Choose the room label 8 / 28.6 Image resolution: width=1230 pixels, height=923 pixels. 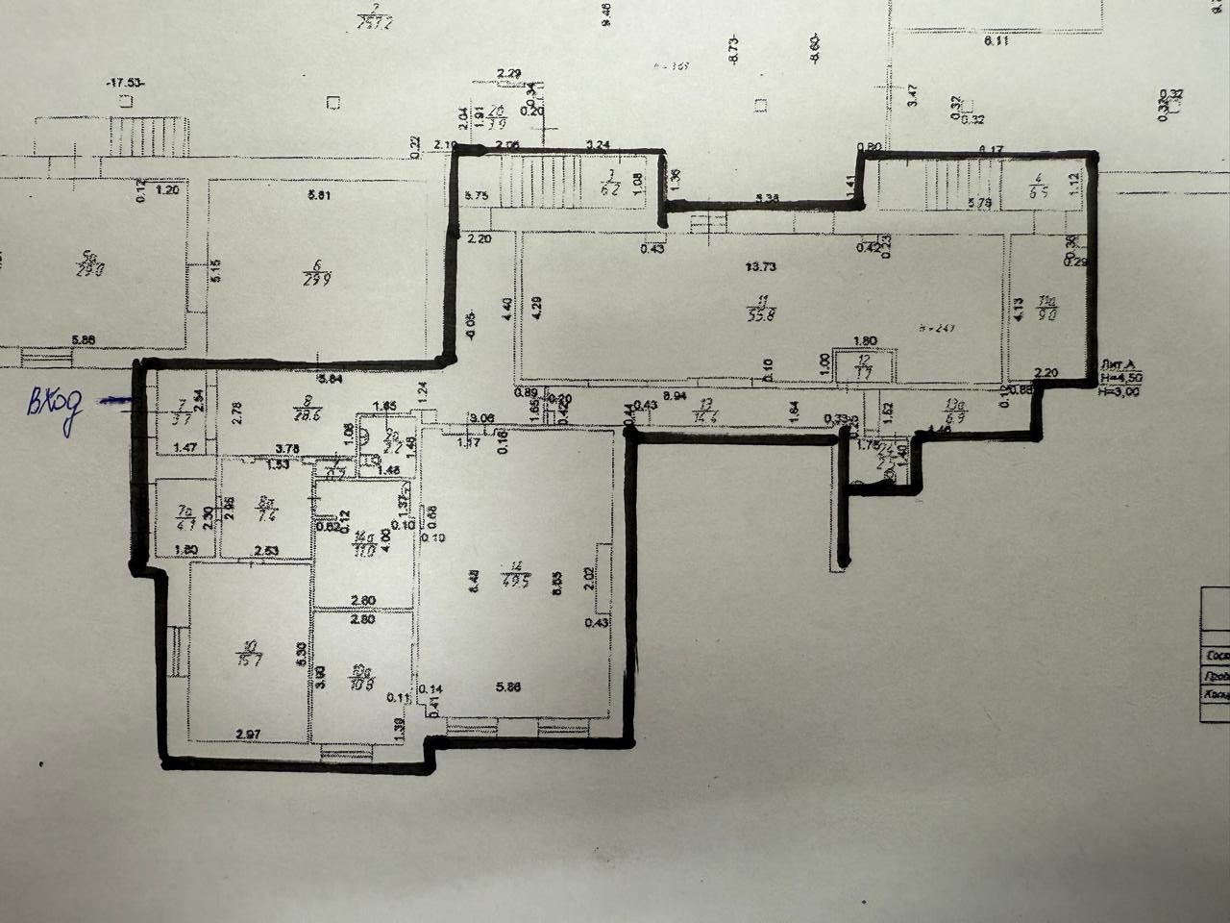[308, 409]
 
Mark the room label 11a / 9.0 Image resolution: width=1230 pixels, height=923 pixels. [1048, 307]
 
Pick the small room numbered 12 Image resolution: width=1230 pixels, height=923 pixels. [864, 365]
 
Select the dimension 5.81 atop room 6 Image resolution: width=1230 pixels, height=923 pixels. [319, 196]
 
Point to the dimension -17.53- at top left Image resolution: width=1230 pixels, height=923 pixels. [125, 85]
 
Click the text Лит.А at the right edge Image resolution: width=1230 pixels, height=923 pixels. [1118, 363]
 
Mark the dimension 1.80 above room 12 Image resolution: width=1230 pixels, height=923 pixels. [864, 340]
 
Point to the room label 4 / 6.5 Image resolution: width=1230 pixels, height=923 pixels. [1039, 185]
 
